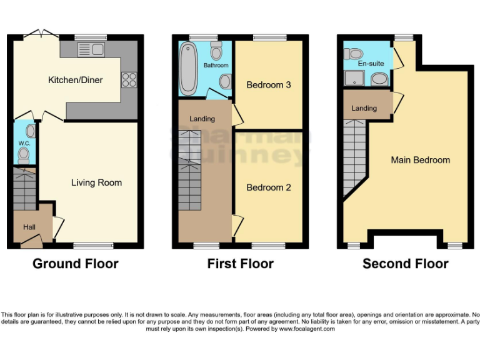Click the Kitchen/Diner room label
(x=75, y=80)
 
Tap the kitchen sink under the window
(x=91, y=49)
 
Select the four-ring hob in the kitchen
(x=129, y=79)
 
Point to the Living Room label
(x=96, y=182)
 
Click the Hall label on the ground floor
(x=29, y=227)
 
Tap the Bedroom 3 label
(x=268, y=84)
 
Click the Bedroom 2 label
(x=268, y=187)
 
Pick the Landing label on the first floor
(x=202, y=119)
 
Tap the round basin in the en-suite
(x=379, y=79)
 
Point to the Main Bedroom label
(x=420, y=160)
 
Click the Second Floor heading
(x=405, y=264)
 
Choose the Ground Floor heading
(x=75, y=264)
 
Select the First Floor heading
(x=240, y=264)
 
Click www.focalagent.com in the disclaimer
(x=306, y=329)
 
